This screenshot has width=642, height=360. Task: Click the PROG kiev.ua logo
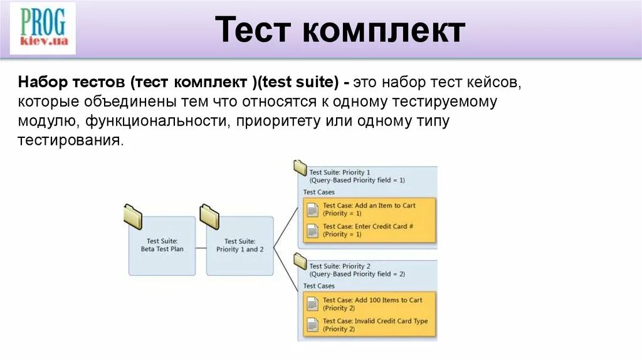(43, 28)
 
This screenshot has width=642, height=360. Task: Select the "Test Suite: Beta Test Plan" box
(162, 245)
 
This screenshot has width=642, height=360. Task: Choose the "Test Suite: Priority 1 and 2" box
(239, 245)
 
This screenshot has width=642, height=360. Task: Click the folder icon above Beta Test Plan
(133, 216)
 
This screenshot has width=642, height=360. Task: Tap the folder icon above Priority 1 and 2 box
(209, 216)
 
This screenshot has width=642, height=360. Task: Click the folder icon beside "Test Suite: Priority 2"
(300, 262)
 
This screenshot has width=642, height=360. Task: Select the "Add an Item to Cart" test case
(369, 209)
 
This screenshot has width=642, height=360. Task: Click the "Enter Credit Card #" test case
(369, 230)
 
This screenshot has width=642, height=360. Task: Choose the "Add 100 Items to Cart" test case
(369, 304)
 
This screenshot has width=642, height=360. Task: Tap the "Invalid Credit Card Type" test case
(369, 325)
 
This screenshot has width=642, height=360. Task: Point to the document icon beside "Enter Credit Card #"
(312, 230)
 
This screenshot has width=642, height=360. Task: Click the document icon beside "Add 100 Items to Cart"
(312, 304)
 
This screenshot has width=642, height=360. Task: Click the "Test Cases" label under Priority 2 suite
(319, 286)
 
